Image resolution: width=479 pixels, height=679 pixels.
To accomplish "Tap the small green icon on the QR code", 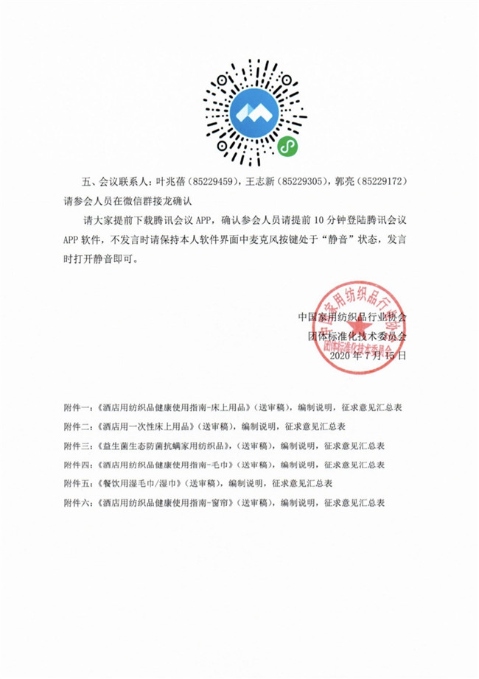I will point(285,147).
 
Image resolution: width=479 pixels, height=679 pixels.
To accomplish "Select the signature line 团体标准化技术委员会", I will point(357,336).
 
